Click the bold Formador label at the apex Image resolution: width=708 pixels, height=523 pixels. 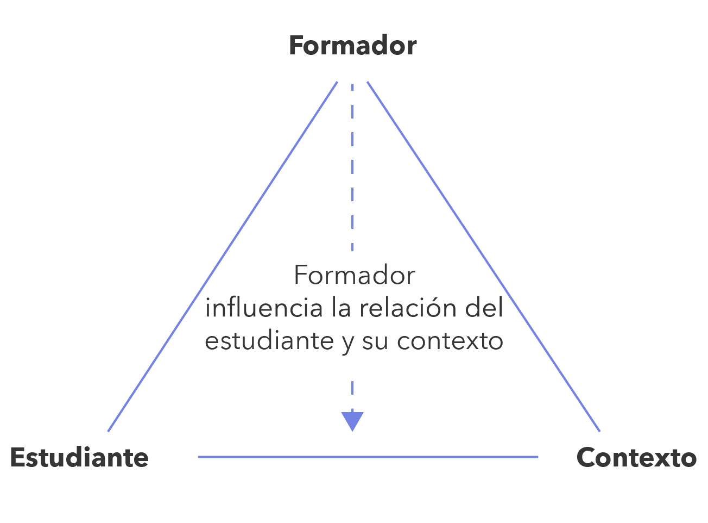coord(352,46)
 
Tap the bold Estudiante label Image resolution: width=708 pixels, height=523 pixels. coord(79,458)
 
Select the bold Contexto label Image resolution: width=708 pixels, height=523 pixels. coord(636,458)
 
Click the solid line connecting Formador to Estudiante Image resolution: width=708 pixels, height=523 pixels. coord(223,257)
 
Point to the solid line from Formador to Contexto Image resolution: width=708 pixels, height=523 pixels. coord(483,257)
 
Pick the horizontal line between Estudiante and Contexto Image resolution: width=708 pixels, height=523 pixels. coord(368,457)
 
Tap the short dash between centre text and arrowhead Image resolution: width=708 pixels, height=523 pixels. coord(352,388)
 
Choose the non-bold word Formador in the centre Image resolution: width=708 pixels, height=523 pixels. coord(354,276)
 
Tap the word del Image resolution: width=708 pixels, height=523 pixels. coord(484,308)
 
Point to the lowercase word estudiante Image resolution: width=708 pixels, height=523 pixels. coord(269,341)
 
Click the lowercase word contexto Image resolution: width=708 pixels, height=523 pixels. coord(450,341)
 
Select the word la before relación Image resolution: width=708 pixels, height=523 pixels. coord(341,308)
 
